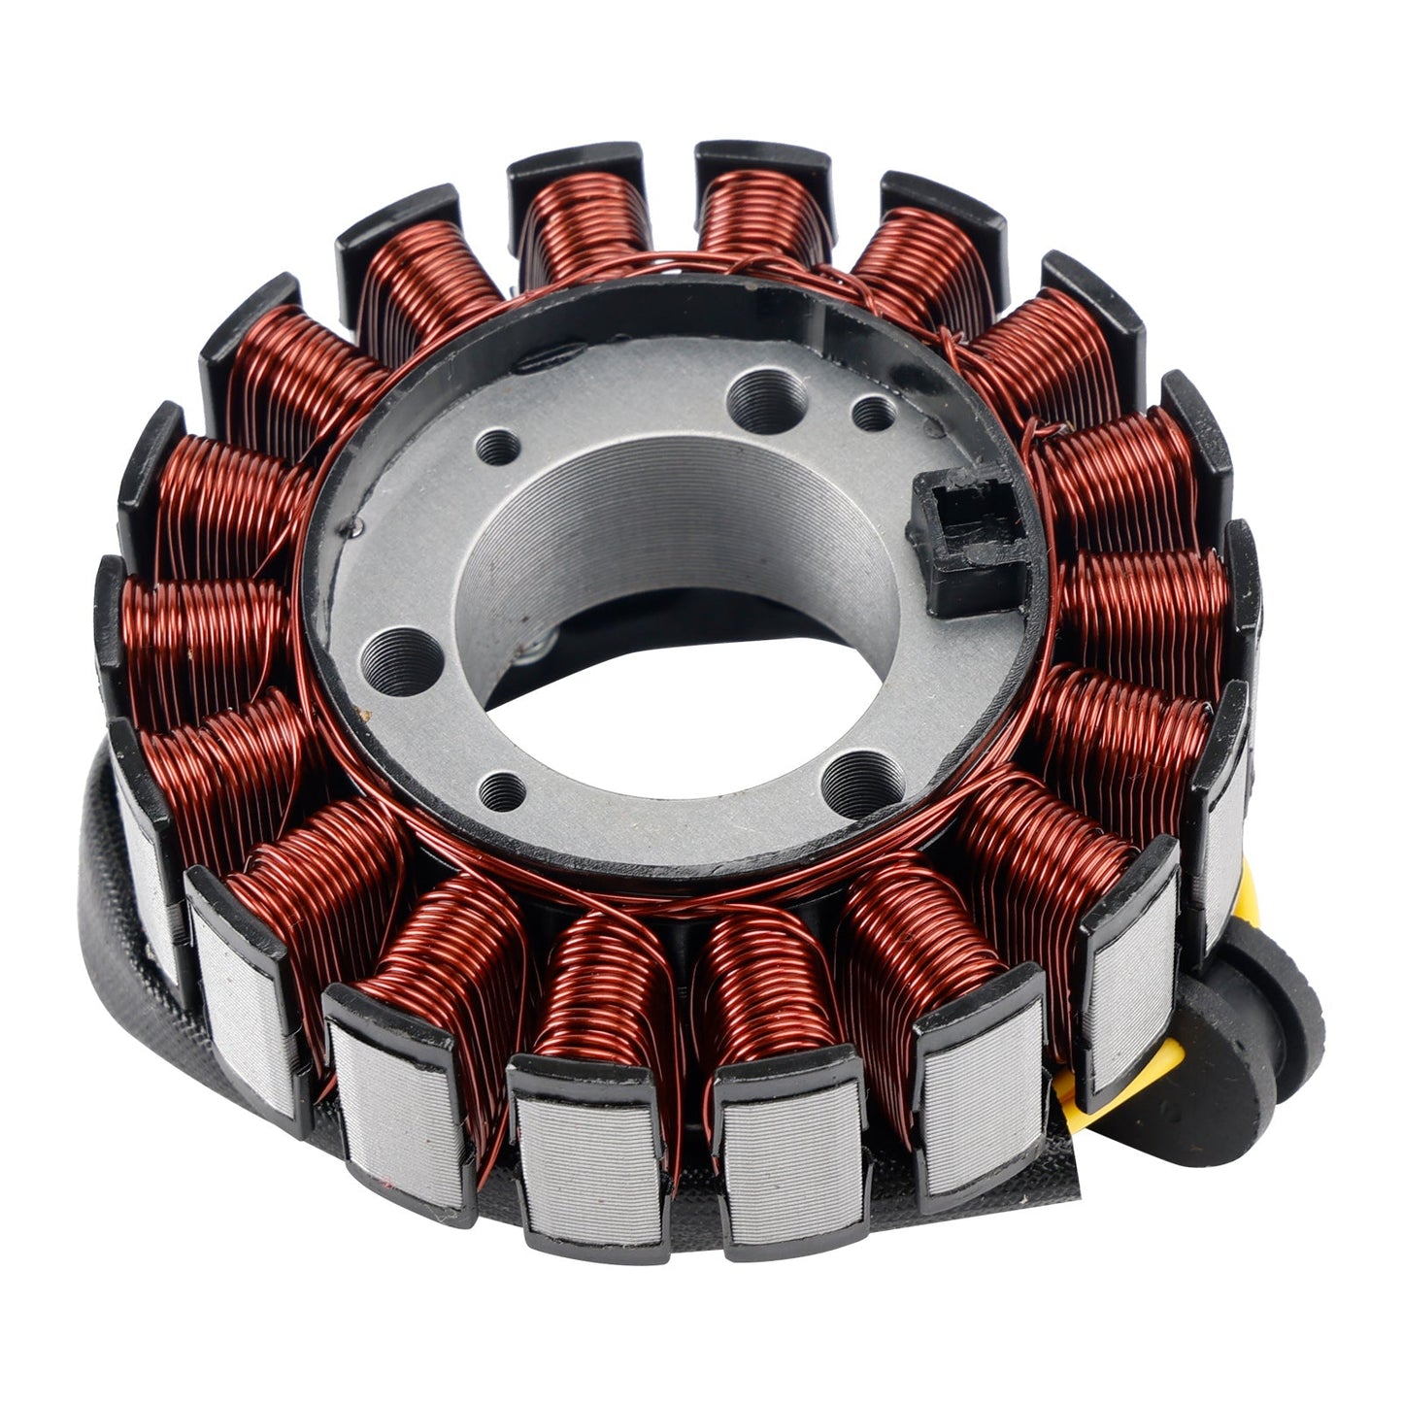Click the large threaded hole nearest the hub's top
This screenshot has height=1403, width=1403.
(x=766, y=399)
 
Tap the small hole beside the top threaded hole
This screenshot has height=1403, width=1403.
(x=872, y=414)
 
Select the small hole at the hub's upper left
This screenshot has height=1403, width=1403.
(x=500, y=447)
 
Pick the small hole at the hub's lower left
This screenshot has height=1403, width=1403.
(x=503, y=790)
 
